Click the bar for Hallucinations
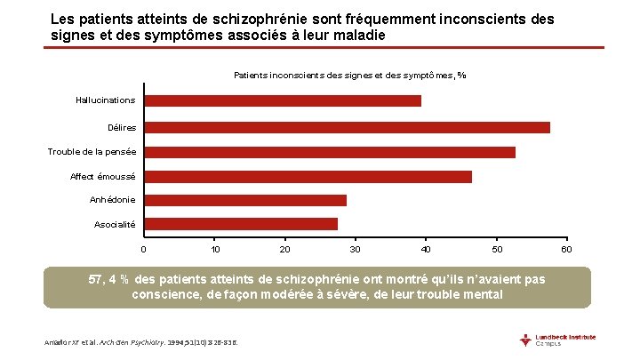click(283, 100)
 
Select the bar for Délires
click(347, 127)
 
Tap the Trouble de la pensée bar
click(330, 152)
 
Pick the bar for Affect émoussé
click(308, 177)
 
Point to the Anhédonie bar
click(245, 200)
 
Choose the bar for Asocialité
click(241, 224)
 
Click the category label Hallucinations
click(106, 100)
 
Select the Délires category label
click(121, 128)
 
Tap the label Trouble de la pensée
click(92, 152)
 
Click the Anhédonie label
click(113, 200)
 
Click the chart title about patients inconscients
click(349, 76)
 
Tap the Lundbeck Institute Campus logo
click(558, 340)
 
